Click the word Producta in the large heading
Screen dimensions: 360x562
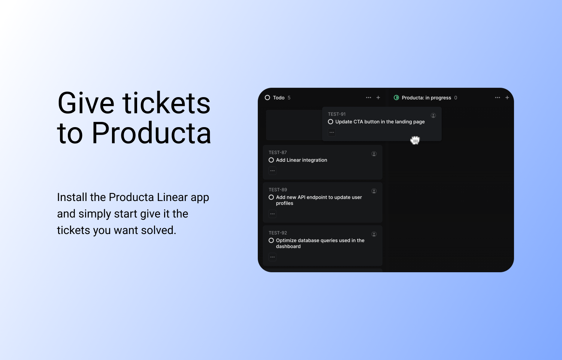(151, 133)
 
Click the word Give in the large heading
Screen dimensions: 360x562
(86, 103)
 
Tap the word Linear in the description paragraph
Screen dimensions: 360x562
(172, 197)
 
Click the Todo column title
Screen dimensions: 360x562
(278, 98)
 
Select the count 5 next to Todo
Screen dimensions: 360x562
(289, 98)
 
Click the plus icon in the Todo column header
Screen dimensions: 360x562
(378, 97)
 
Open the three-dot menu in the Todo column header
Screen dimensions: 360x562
(368, 97)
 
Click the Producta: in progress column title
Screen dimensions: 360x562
(426, 98)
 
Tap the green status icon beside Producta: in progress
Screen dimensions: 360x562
(396, 97)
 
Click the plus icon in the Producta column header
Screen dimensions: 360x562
(507, 97)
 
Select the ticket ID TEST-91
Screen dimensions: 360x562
(336, 114)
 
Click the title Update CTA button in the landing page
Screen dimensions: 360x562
(380, 122)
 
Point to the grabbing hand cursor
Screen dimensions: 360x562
(415, 140)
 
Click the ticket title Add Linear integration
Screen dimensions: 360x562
(301, 160)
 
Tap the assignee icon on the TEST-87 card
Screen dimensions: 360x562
(374, 154)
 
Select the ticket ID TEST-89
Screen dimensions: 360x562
(278, 190)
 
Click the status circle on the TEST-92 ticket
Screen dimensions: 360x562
(271, 240)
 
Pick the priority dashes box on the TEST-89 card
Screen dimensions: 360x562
(272, 214)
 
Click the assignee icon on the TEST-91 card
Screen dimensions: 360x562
(433, 115)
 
